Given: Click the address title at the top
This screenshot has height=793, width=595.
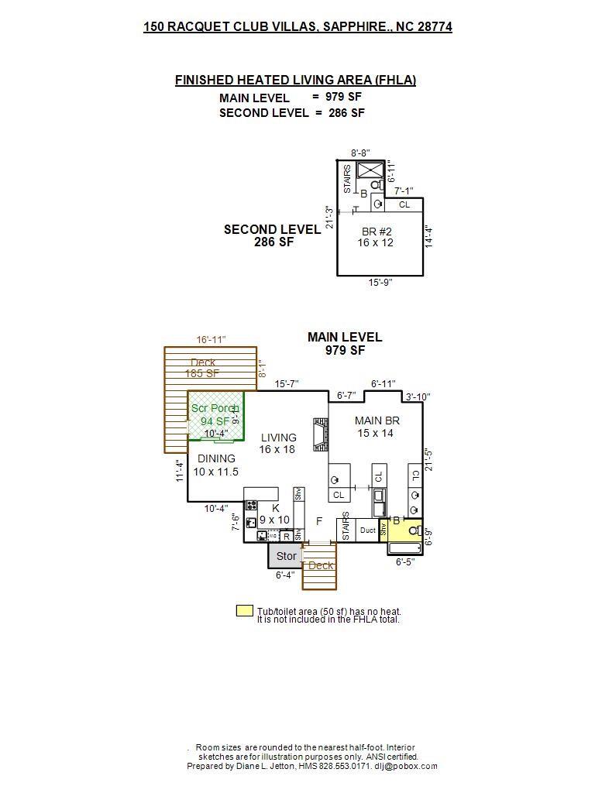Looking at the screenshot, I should click(x=297, y=26).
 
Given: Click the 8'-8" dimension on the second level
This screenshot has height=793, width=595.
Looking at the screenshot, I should click(x=360, y=153).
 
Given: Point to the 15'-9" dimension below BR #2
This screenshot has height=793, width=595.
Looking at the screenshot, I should click(x=380, y=283).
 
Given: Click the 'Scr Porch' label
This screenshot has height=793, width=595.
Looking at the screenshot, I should click(x=215, y=408).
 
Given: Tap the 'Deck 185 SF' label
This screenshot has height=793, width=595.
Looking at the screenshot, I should click(x=203, y=368).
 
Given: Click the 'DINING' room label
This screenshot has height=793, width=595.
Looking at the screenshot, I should click(x=216, y=458).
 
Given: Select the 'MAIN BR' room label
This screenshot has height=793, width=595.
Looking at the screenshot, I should click(x=377, y=421).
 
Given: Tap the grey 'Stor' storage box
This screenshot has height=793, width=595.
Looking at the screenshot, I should click(x=286, y=556).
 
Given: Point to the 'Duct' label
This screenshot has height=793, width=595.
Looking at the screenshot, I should click(x=368, y=530).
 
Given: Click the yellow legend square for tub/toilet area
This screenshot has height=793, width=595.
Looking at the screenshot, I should click(x=244, y=611).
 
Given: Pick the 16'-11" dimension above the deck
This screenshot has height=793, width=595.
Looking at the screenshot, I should click(x=211, y=340).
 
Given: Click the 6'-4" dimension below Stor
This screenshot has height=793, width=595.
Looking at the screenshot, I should click(x=286, y=575).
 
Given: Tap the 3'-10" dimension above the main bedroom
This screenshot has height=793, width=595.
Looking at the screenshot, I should click(x=418, y=397).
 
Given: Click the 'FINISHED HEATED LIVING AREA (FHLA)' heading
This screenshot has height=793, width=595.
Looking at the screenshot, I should click(x=295, y=80).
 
